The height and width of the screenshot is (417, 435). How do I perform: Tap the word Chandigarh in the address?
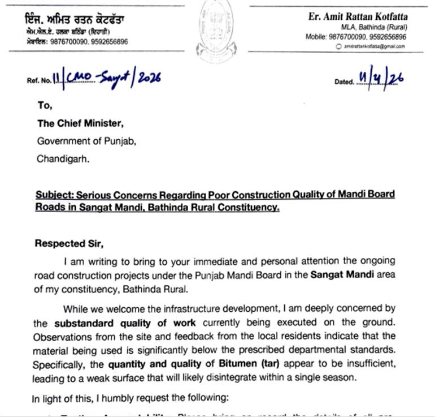[63, 159]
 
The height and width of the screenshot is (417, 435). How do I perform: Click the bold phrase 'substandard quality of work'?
[125, 323]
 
